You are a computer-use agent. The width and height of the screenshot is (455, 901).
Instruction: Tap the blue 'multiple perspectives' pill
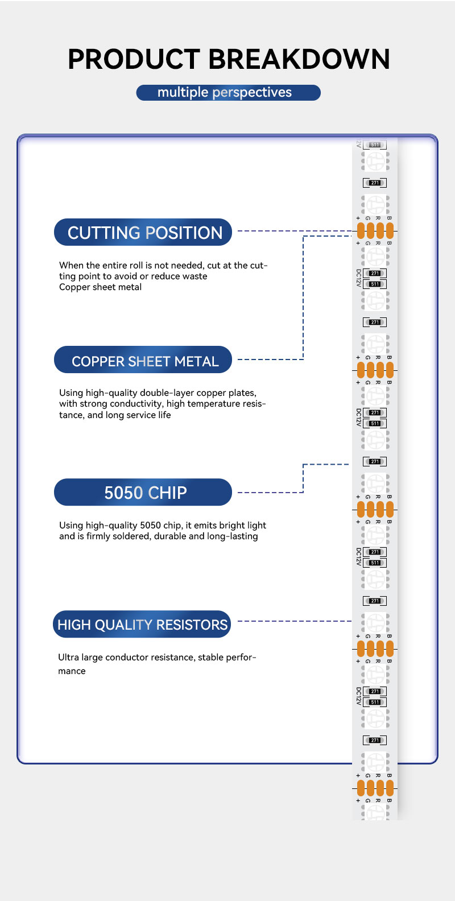[x=228, y=93]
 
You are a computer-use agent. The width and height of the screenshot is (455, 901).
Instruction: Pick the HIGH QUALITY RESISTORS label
[x=143, y=625]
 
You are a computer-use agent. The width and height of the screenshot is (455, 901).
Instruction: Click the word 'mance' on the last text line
[x=72, y=671]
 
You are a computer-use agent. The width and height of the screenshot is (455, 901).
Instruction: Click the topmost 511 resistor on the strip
[x=375, y=145]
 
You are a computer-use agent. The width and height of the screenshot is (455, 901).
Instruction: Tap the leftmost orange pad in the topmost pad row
[x=361, y=230]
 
